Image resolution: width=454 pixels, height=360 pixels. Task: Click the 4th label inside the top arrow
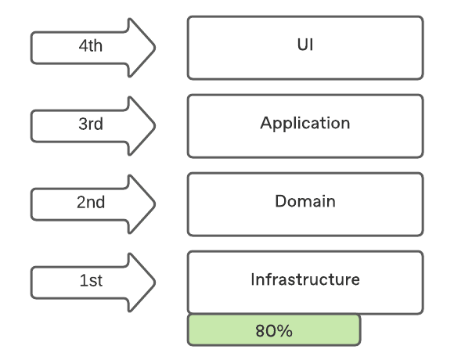click(91, 45)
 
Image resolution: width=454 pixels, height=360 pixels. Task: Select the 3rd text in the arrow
click(91, 124)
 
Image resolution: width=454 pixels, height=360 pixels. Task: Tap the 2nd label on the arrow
click(91, 202)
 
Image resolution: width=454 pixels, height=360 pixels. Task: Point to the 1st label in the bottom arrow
click(91, 280)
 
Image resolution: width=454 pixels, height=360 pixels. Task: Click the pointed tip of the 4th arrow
click(155, 48)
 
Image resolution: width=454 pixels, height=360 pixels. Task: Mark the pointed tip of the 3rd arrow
click(155, 125)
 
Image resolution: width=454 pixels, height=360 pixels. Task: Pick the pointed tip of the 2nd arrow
click(155, 204)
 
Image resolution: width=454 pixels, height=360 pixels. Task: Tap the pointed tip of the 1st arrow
click(155, 283)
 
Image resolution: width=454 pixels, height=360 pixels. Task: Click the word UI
click(305, 45)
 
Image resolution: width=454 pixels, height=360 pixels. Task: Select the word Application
click(305, 124)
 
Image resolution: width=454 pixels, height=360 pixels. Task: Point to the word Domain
click(305, 201)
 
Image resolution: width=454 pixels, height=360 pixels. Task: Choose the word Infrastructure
click(305, 279)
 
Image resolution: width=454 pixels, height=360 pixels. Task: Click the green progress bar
click(274, 330)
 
